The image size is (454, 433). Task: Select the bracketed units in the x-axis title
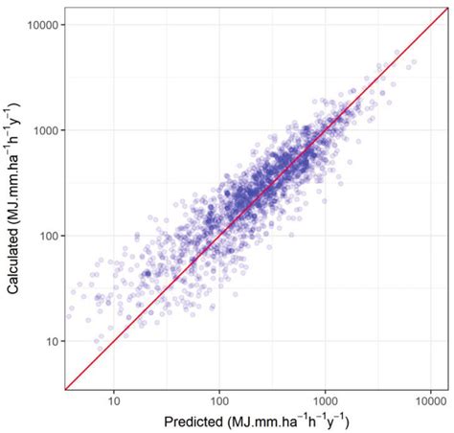point(275,420)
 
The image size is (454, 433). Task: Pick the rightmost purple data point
point(414,62)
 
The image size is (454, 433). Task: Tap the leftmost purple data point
point(69,309)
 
